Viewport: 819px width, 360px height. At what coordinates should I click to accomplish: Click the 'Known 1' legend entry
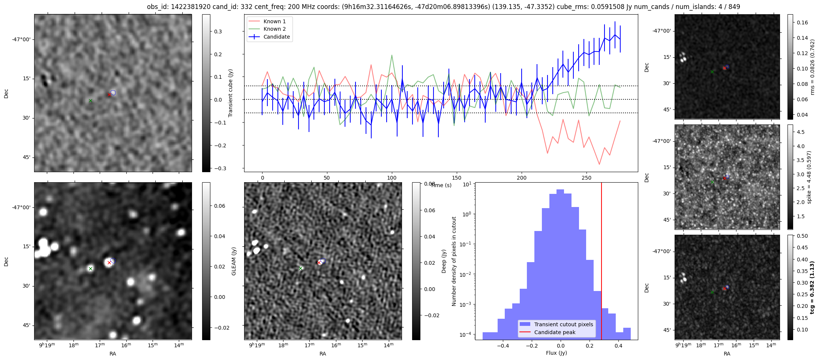pyautogui.click(x=274, y=21)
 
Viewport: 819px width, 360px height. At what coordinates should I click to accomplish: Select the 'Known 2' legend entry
pyautogui.click(x=274, y=29)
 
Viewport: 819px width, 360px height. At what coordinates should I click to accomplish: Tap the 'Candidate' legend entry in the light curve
pyautogui.click(x=276, y=37)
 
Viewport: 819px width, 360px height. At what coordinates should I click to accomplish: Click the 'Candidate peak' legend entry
pyautogui.click(x=555, y=332)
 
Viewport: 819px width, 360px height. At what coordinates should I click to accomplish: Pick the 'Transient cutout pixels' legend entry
pyautogui.click(x=564, y=324)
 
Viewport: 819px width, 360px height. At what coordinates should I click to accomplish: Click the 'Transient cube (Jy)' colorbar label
pyautogui.click(x=230, y=93)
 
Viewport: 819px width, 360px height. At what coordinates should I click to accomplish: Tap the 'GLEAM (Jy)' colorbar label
pyautogui.click(x=234, y=261)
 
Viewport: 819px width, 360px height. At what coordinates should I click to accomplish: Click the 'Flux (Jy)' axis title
pyautogui.click(x=556, y=353)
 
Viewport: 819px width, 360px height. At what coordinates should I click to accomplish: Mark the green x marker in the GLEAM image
pyautogui.click(x=90, y=268)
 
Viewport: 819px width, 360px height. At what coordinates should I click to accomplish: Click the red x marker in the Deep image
pyautogui.click(x=319, y=262)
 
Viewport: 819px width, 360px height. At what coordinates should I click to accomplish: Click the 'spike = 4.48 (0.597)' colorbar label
pyautogui.click(x=809, y=177)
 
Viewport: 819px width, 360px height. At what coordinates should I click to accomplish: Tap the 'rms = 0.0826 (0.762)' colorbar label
pyautogui.click(x=812, y=67)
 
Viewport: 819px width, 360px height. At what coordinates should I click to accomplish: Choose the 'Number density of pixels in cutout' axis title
pyautogui.click(x=454, y=261)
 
